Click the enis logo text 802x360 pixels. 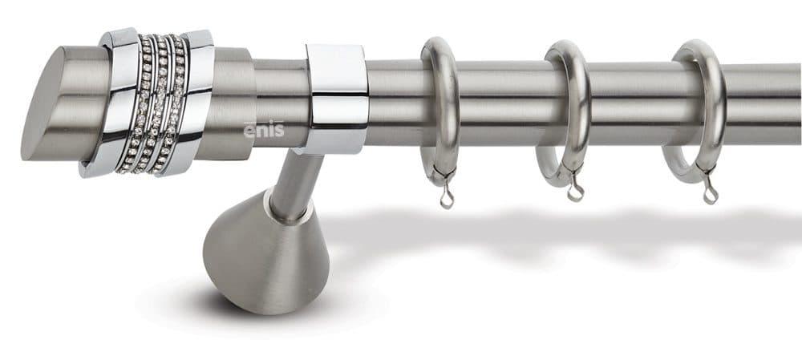click(263, 129)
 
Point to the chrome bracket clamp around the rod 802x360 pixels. click(336, 99)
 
